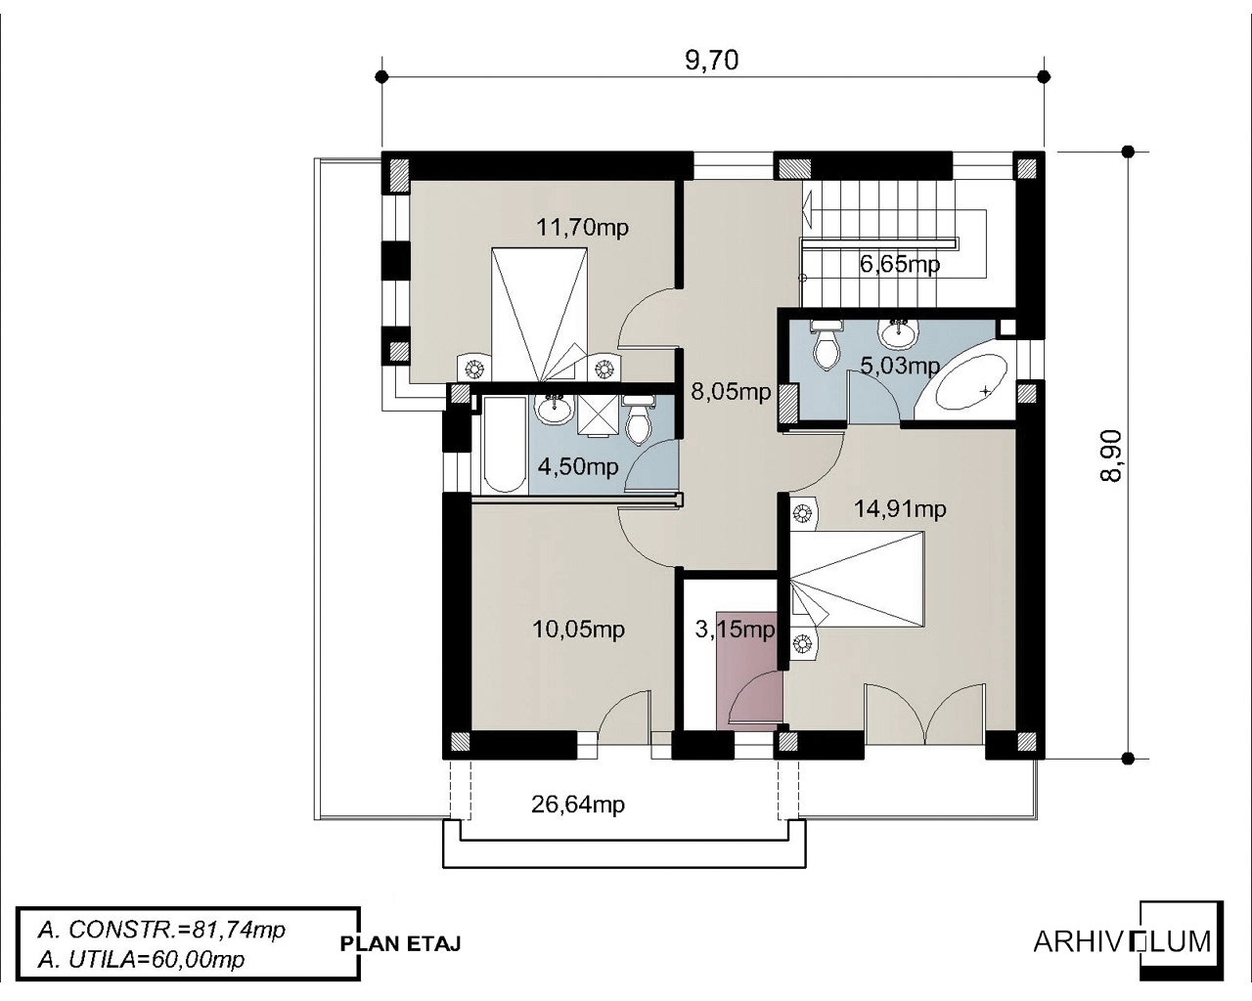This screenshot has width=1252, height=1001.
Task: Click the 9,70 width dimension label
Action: [711, 60]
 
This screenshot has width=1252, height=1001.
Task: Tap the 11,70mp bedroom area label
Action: [582, 227]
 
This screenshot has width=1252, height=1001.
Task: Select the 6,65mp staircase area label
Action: [900, 264]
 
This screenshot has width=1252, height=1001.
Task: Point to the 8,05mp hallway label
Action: [731, 391]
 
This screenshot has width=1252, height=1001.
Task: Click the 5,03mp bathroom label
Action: [900, 366]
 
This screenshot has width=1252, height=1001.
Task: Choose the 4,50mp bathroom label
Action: [578, 466]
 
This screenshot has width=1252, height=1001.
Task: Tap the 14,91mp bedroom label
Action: [900, 509]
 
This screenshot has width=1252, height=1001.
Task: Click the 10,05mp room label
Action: [579, 629]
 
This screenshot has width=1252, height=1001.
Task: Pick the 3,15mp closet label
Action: [736, 629]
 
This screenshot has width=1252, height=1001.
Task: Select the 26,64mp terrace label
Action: [578, 805]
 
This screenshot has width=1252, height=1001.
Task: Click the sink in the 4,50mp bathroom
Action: [555, 409]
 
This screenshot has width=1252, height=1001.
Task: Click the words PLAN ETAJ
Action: [401, 943]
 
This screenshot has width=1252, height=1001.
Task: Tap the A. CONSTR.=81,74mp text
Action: [161, 930]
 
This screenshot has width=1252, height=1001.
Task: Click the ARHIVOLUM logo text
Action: [1122, 941]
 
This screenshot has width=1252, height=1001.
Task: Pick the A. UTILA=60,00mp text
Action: [141, 960]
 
